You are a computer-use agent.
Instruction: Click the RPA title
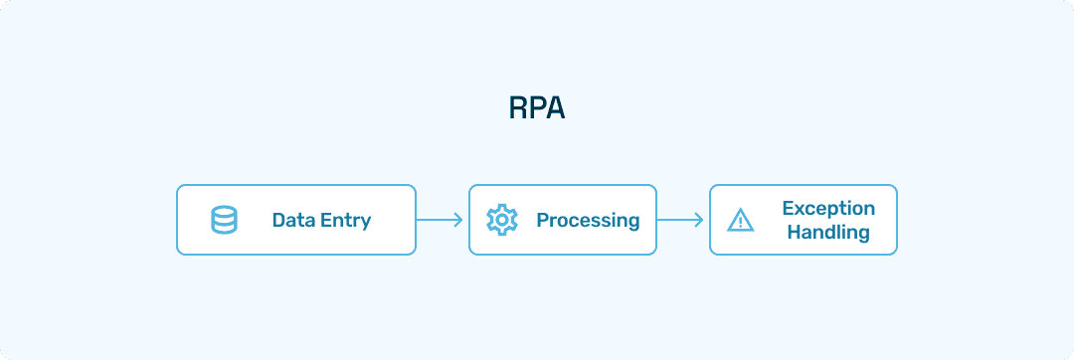(x=536, y=107)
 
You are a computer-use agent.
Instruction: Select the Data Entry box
(x=295, y=220)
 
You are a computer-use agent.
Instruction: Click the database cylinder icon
(x=225, y=220)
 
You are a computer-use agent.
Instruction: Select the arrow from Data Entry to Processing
(x=441, y=220)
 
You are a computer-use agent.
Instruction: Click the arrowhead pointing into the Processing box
(x=459, y=220)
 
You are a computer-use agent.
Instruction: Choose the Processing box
(x=562, y=220)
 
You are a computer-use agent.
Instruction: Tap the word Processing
(x=588, y=220)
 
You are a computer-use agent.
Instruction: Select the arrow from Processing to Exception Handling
(x=681, y=220)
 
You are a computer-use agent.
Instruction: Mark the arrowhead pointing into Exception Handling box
(x=700, y=220)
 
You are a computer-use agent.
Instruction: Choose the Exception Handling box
(x=803, y=220)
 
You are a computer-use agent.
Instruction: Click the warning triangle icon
(x=741, y=220)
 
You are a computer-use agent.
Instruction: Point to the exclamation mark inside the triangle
(x=741, y=222)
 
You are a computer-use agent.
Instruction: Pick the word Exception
(x=828, y=208)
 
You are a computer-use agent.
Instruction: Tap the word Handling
(x=828, y=233)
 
